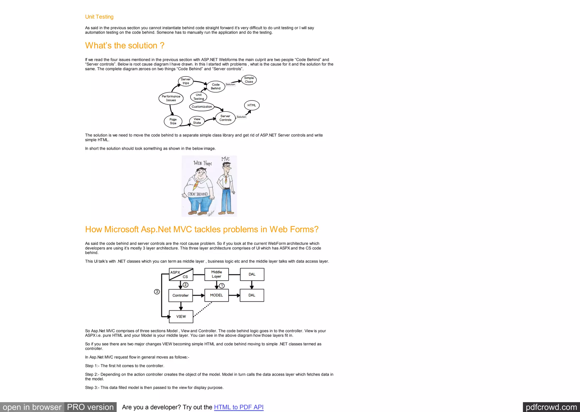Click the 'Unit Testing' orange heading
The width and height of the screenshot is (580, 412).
click(99, 17)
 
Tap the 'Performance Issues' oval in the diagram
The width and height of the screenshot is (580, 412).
click(171, 98)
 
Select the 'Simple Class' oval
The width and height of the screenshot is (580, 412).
click(249, 80)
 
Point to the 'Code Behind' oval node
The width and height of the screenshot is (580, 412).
click(216, 86)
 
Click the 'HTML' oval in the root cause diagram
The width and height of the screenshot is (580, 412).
click(251, 105)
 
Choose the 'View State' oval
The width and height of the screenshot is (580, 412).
click(197, 121)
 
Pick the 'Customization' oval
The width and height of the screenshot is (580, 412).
click(202, 107)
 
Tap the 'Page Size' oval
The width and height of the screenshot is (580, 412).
click(173, 121)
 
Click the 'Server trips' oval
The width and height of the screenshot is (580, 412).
click(185, 81)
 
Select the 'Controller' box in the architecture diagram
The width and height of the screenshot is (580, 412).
click(180, 295)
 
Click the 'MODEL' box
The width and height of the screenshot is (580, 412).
click(216, 295)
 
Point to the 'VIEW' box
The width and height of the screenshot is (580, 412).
click(181, 317)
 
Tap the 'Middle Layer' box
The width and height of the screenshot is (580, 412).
click(216, 274)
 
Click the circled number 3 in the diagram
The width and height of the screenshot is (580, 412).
click(157, 292)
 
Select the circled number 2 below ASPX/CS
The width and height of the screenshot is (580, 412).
click(185, 285)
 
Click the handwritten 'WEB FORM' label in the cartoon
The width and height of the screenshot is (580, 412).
click(202, 163)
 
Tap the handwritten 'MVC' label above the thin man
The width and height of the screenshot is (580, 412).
click(225, 159)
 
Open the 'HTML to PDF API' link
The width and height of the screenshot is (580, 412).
click(239, 407)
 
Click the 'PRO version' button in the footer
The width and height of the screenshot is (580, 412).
click(90, 407)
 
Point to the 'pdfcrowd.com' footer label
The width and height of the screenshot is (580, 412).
click(551, 407)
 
